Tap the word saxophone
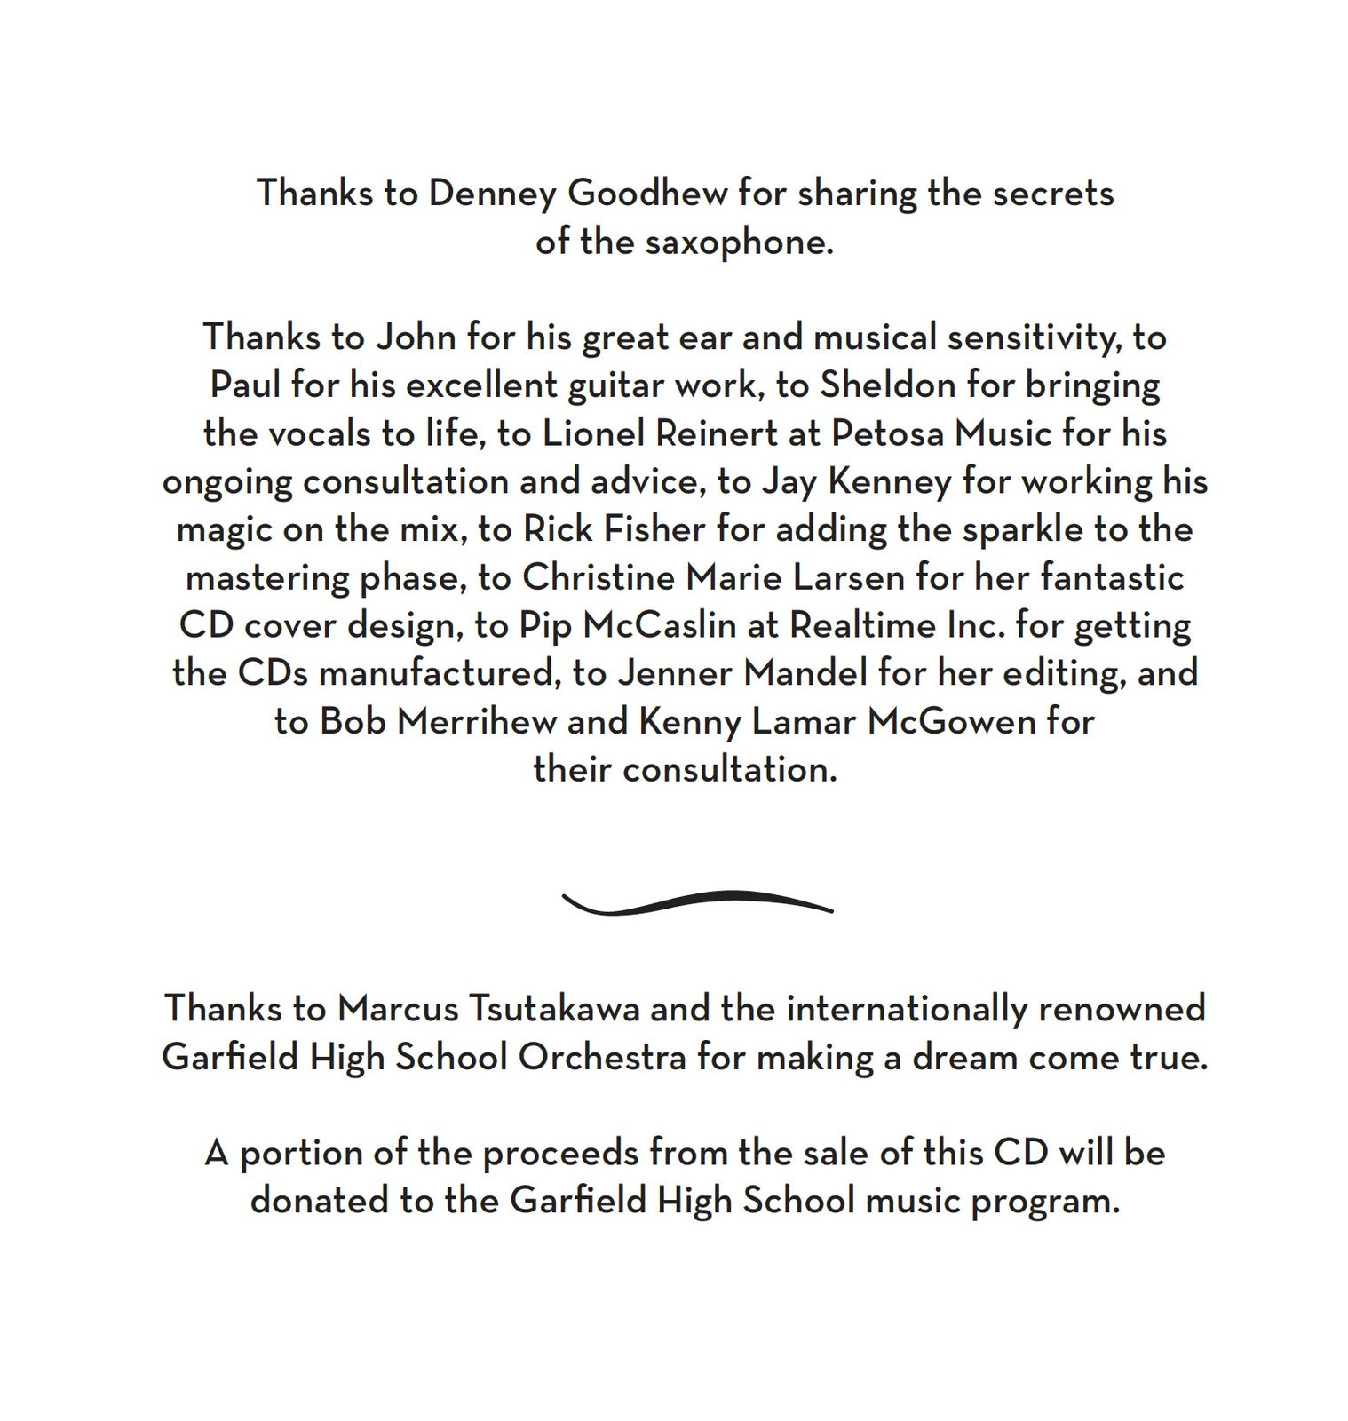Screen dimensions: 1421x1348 (740, 242)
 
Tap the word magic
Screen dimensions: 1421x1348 (224, 531)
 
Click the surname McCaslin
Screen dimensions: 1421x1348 (659, 626)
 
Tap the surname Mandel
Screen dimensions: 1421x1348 (805, 673)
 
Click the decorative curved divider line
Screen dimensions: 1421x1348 (697, 902)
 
